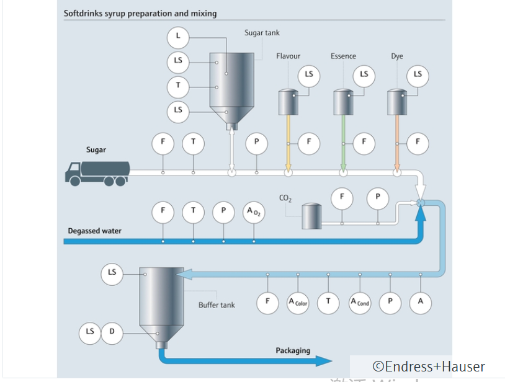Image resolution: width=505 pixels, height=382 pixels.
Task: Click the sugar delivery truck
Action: pos(97,172)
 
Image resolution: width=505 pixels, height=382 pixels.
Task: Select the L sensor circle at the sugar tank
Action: pos(178,37)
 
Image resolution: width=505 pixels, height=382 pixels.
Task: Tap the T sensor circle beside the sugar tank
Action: pos(178,86)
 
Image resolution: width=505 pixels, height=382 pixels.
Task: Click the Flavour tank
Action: pos(288,101)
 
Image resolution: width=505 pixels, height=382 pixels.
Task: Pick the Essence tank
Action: pos(343,101)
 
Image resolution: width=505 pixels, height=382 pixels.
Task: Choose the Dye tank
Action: pos(397,101)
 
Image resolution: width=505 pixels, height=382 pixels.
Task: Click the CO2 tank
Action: pos(311,216)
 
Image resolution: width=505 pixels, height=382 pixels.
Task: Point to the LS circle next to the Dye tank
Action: pos(418,75)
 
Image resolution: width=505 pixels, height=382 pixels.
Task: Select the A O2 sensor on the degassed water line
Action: pos(254,212)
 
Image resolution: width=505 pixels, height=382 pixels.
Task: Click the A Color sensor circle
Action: pos(298,302)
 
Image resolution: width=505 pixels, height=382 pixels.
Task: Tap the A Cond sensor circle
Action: pos(360,302)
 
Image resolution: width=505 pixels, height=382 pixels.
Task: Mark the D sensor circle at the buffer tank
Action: pos(112,332)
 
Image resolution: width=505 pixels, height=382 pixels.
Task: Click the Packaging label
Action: pos(293,351)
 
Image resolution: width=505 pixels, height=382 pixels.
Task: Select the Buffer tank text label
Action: pos(217,305)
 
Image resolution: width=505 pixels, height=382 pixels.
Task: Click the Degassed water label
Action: pos(94,231)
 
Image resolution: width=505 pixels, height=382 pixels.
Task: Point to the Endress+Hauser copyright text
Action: pos(428,367)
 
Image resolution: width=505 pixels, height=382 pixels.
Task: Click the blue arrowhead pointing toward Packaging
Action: pos(324,361)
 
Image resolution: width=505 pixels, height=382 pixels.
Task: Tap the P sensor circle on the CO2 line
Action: pos(377,198)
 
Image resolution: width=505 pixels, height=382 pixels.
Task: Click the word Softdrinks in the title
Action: pos(83,13)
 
